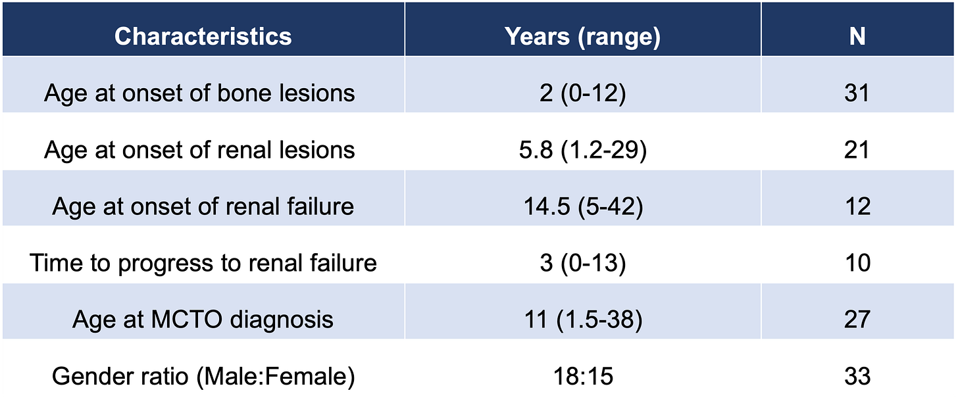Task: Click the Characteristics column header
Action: pyautogui.click(x=203, y=36)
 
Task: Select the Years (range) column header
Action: pyautogui.click(x=582, y=36)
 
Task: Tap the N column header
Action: pyautogui.click(x=857, y=36)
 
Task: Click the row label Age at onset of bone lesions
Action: pyautogui.click(x=199, y=93)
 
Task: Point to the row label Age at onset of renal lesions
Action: pyautogui.click(x=199, y=150)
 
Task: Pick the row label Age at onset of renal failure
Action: pyautogui.click(x=203, y=206)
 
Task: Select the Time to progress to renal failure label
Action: pyautogui.click(x=203, y=263)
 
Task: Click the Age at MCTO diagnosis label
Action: pyautogui.click(x=203, y=320)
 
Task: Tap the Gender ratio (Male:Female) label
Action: pyautogui.click(x=203, y=376)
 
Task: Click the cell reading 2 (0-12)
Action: pyautogui.click(x=582, y=93)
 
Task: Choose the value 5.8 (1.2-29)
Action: pyautogui.click(x=582, y=150)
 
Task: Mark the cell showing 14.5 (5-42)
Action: pyautogui.click(x=582, y=206)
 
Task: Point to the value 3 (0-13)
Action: pyautogui.click(x=582, y=263)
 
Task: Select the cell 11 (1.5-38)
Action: pyautogui.click(x=582, y=320)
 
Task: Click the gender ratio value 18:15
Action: pyautogui.click(x=582, y=376)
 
